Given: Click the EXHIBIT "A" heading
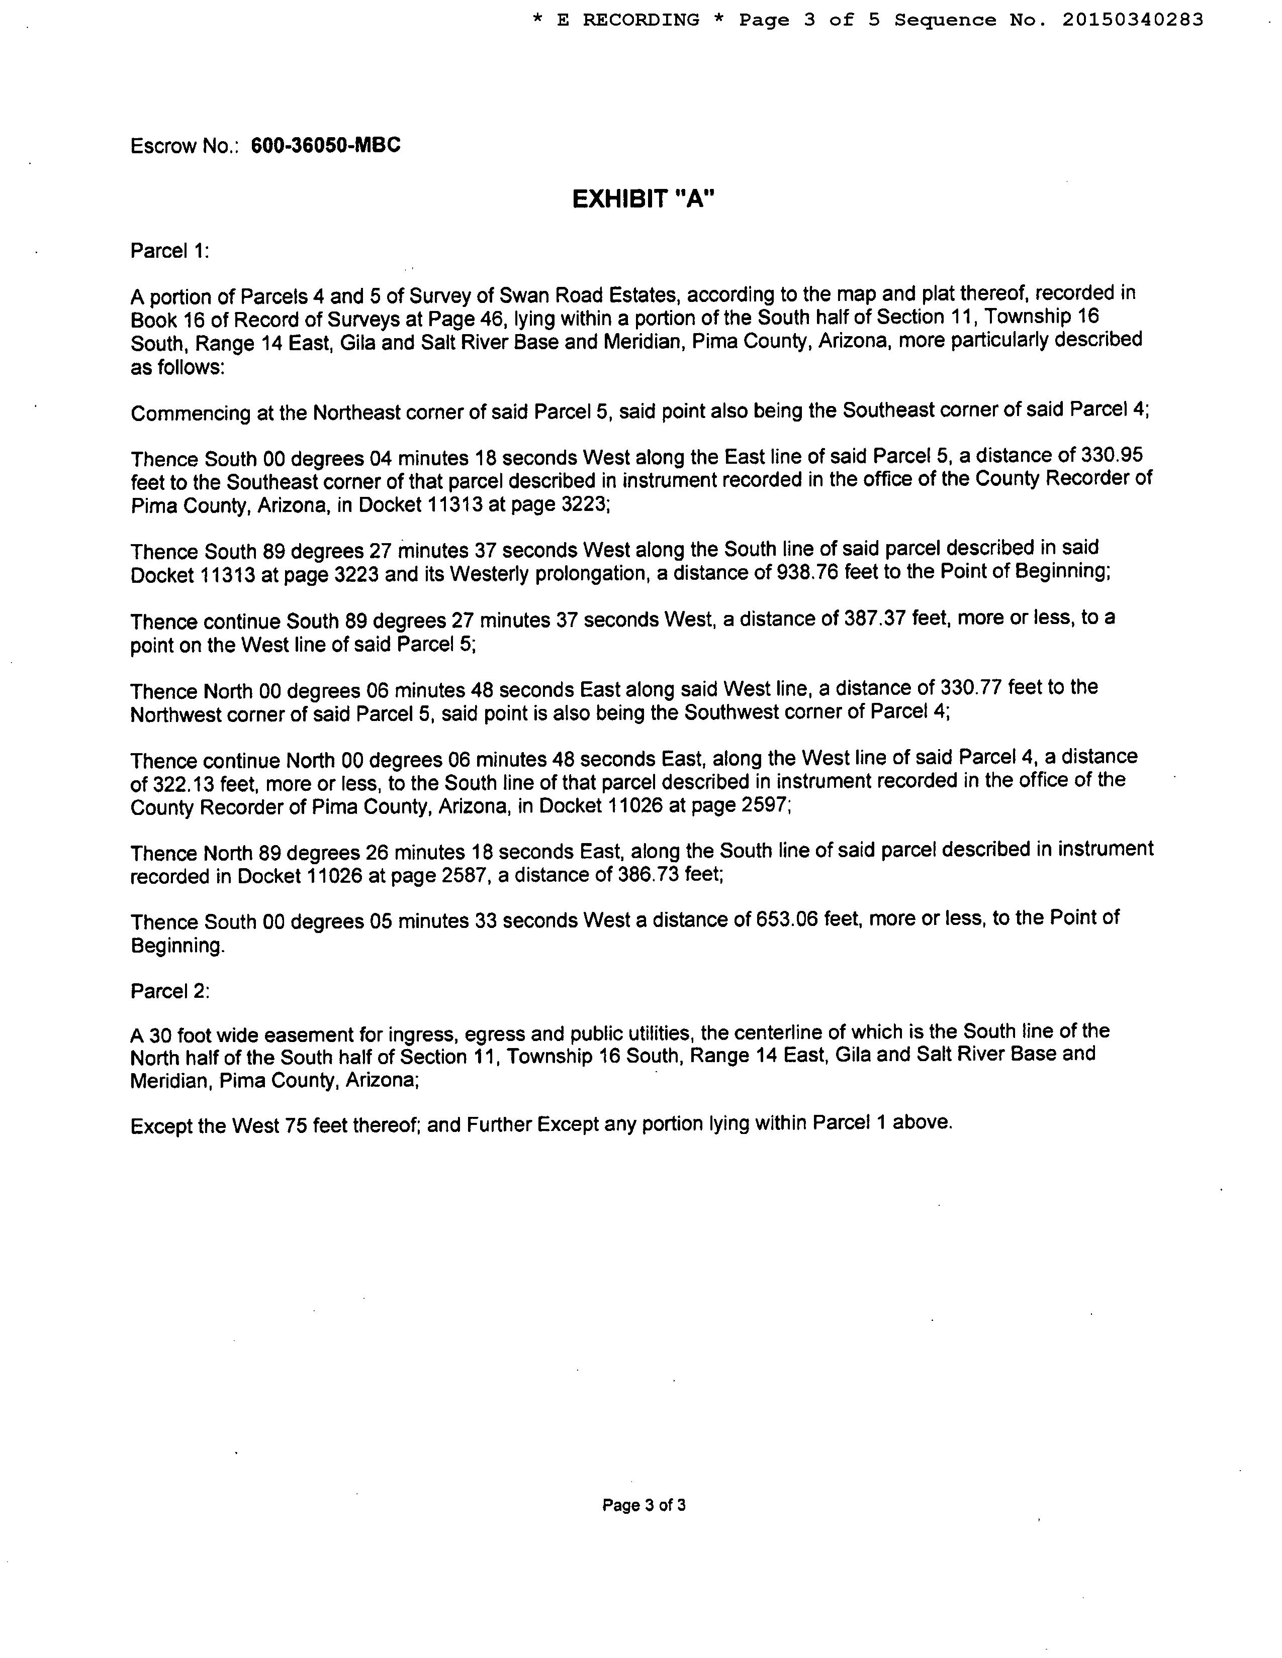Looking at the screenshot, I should tap(644, 199).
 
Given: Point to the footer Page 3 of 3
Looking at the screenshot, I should tap(644, 1505).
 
